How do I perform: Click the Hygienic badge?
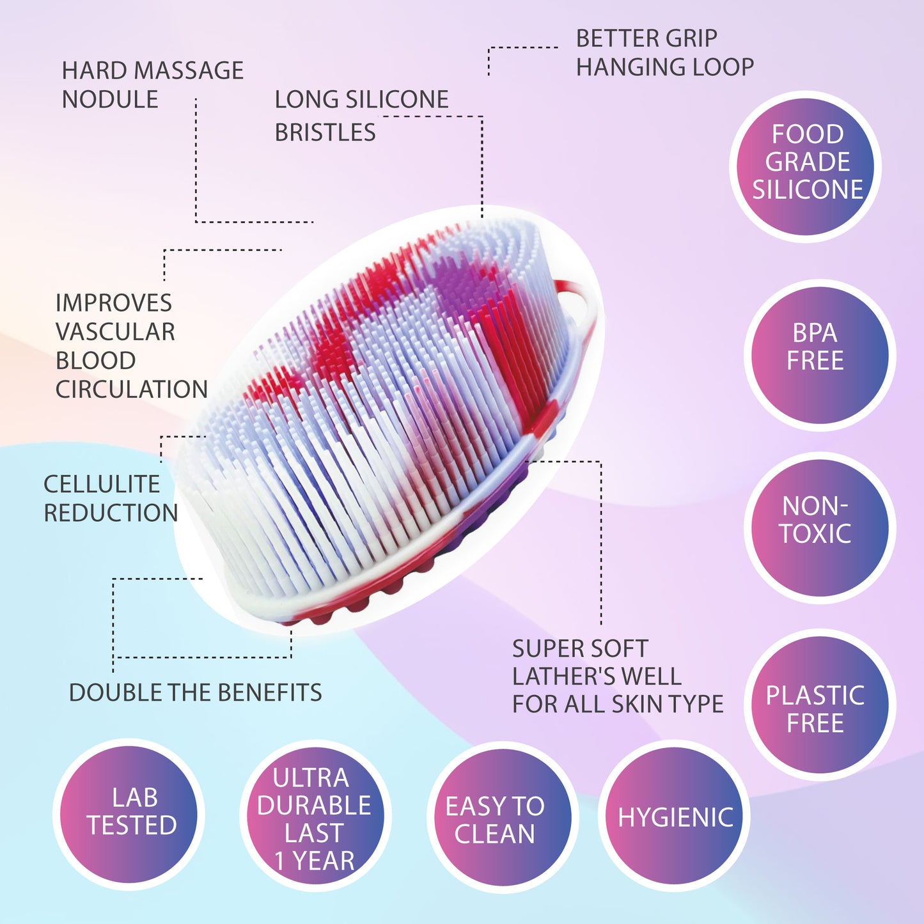[675, 817]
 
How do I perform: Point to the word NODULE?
[110, 100]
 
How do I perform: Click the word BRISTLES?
[325, 132]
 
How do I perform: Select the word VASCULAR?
[115, 332]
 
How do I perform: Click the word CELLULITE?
[102, 484]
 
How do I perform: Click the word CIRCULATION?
[132, 389]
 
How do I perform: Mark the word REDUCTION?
[111, 513]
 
